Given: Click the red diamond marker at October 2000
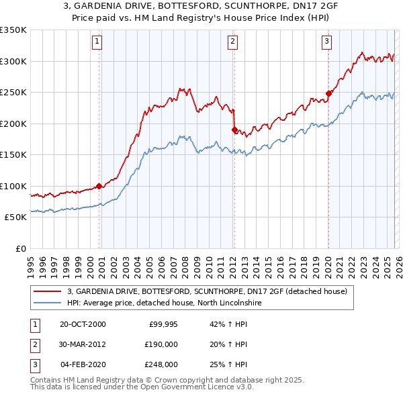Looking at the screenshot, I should (x=99, y=186).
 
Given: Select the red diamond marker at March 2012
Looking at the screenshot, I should (x=234, y=130).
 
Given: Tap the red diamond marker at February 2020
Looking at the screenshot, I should (x=328, y=93).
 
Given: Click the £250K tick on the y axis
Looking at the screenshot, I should (x=13, y=92).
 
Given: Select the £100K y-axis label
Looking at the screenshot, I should (x=13, y=186).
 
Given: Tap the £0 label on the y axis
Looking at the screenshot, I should (x=19, y=248).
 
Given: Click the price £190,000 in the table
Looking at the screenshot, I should (x=161, y=344).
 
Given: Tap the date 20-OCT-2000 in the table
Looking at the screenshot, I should (x=83, y=324).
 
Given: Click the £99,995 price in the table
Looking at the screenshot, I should (x=162, y=324).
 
